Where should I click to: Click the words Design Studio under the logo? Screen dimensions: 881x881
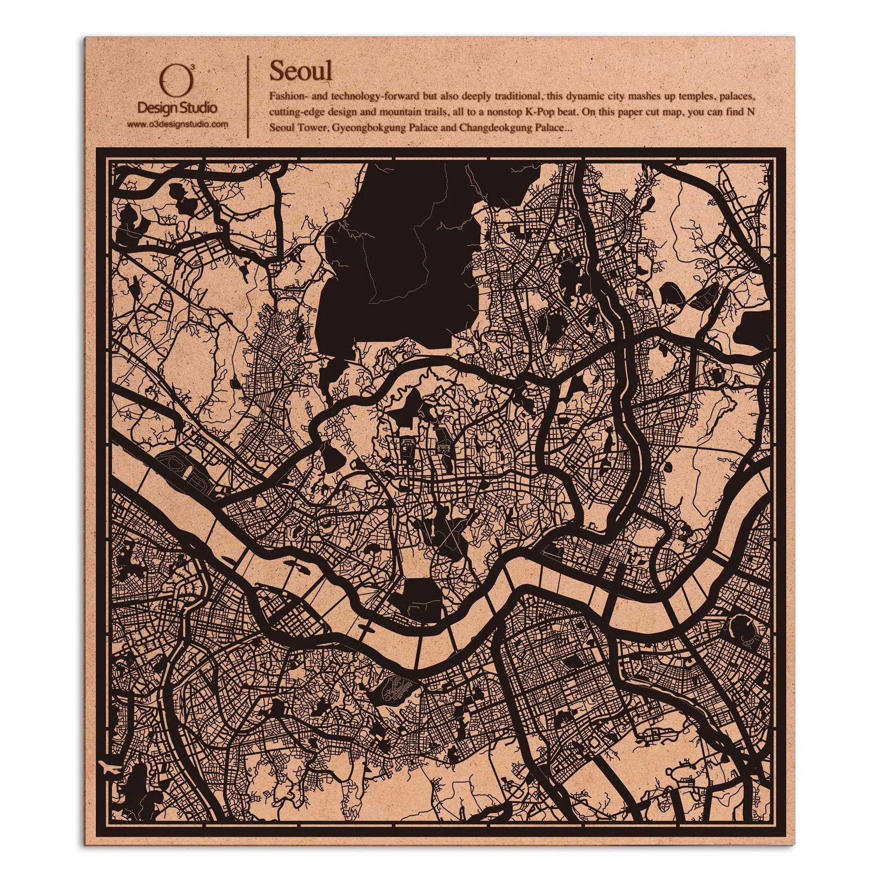coord(177,108)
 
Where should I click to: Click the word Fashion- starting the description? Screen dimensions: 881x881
coord(287,96)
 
